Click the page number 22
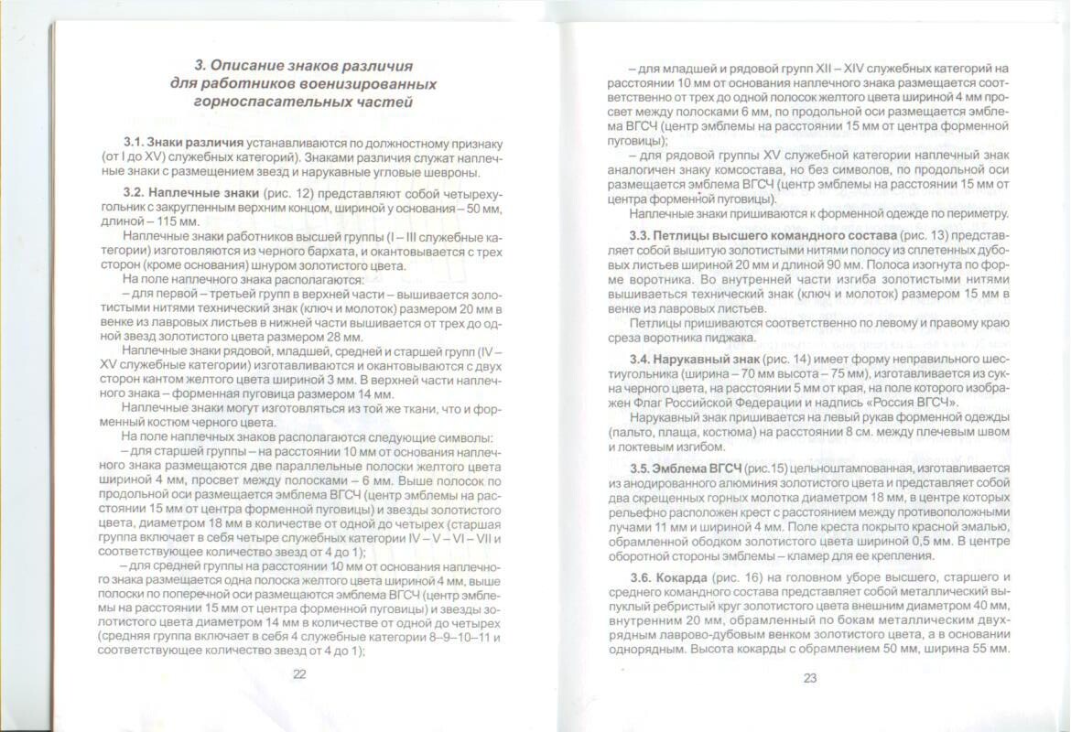tap(298, 674)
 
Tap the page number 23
tap(809, 678)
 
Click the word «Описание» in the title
tap(259, 66)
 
